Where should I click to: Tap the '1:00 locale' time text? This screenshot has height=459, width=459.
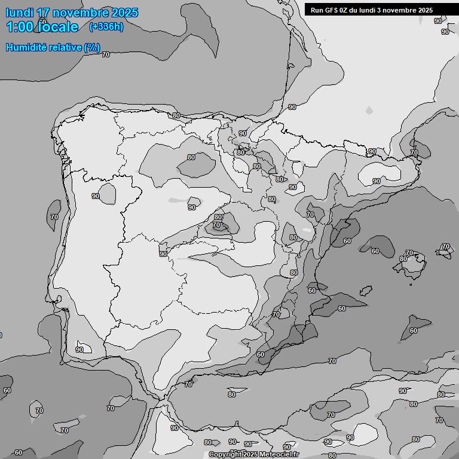pyautogui.click(x=42, y=27)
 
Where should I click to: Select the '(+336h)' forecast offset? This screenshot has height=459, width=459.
pyautogui.click(x=106, y=27)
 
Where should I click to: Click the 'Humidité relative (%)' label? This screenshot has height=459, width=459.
pyautogui.click(x=53, y=47)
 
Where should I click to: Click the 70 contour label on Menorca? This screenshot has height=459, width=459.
pyautogui.click(x=445, y=246)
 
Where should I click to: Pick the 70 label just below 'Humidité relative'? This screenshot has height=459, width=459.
pyautogui.click(x=106, y=54)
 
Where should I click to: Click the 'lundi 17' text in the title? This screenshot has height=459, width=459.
pyautogui.click(x=29, y=13)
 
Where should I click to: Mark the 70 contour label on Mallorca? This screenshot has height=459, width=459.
pyautogui.click(x=409, y=253)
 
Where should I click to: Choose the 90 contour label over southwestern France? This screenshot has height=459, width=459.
pyautogui.click(x=292, y=107)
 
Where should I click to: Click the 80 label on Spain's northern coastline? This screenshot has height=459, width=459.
pyautogui.click(x=176, y=115)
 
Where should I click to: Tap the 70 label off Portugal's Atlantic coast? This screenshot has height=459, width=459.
pyautogui.click(x=54, y=217)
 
